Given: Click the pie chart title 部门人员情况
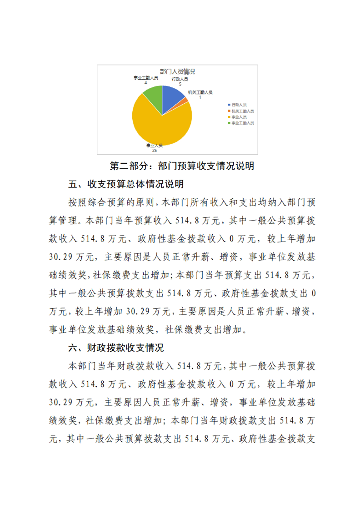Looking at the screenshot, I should (178, 71).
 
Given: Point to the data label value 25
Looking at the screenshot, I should (155, 150).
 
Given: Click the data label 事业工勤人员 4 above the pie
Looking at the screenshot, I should (145, 80).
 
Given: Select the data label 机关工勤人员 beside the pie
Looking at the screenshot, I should (200, 92).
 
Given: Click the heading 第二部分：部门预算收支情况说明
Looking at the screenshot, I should (182, 166).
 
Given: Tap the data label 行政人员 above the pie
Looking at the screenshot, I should (180, 79).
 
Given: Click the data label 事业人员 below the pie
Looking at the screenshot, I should (155, 145).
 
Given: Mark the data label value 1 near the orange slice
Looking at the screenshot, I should (200, 97).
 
